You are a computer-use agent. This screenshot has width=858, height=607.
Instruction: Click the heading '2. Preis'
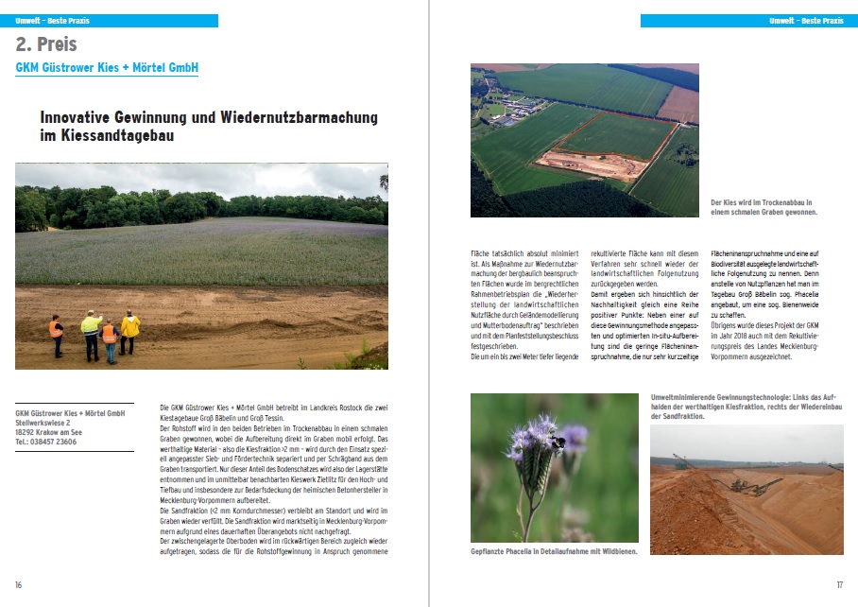tap(46, 44)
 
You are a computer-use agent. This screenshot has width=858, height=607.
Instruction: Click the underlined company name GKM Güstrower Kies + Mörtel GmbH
tap(107, 68)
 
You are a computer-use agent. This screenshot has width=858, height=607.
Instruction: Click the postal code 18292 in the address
tap(26, 432)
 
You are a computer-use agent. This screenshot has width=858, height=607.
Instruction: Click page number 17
tap(838, 584)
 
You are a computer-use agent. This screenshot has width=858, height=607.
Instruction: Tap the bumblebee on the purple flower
tap(560, 442)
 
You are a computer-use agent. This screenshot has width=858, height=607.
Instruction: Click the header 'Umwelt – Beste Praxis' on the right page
tap(806, 20)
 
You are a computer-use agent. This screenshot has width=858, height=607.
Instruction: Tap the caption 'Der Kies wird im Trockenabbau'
tap(762, 203)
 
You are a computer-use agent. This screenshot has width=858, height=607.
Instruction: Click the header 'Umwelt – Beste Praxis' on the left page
tap(53, 20)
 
